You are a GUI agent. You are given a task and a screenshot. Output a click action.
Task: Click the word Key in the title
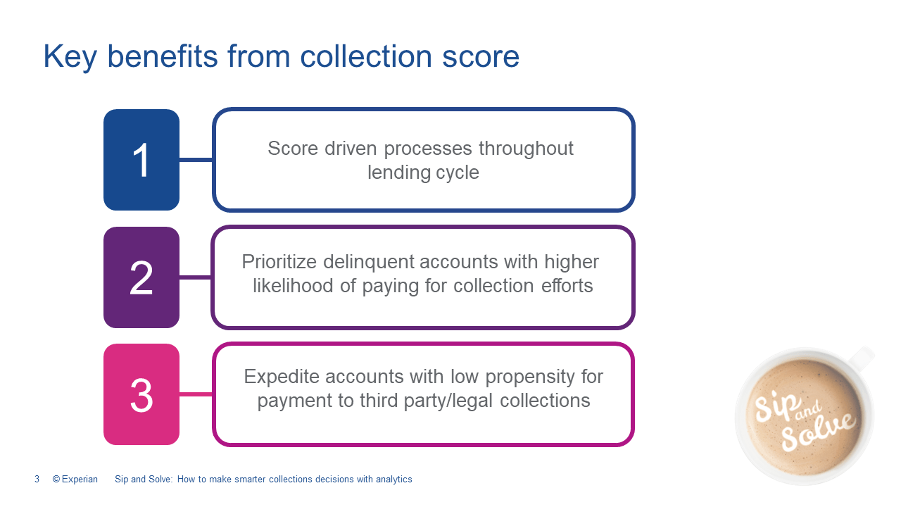(x=70, y=57)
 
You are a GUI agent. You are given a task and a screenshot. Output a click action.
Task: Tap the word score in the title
(x=481, y=57)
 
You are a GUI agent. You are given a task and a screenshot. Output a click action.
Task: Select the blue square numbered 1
(x=141, y=160)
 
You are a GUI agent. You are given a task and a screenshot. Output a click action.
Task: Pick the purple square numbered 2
(x=141, y=277)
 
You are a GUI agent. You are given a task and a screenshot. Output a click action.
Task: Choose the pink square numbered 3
(x=141, y=394)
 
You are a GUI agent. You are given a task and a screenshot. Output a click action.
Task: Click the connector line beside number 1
(x=196, y=160)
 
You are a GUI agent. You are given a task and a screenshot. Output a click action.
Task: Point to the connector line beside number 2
(x=196, y=277)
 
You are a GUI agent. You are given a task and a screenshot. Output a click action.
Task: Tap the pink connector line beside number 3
(x=196, y=394)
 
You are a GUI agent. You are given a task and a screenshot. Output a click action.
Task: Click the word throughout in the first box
(x=526, y=148)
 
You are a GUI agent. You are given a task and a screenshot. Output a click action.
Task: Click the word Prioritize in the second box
(x=279, y=262)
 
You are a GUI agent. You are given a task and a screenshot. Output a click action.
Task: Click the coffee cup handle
(x=862, y=357)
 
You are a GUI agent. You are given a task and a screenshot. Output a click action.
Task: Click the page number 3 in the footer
(x=37, y=480)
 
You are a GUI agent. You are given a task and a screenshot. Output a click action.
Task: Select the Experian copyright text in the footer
(x=75, y=480)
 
